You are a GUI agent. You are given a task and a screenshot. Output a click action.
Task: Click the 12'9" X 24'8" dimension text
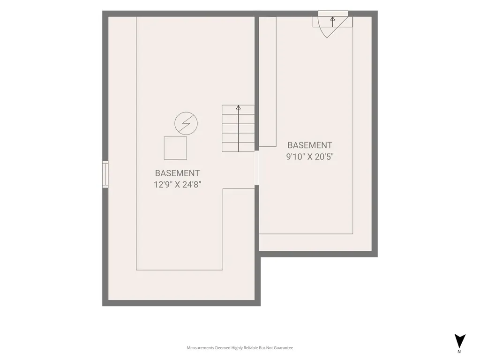pos(177,185)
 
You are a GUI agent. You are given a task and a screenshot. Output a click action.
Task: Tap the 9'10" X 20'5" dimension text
pos(310,157)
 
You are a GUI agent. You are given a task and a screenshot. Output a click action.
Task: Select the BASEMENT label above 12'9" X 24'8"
pos(177,173)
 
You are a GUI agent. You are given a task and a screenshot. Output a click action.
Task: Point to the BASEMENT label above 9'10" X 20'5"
pos(310,145)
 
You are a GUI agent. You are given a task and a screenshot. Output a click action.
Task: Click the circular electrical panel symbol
pos(186,123)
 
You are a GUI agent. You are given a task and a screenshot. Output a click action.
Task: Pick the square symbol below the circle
pos(175,148)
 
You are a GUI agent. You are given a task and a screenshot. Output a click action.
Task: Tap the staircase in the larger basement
pos(238,128)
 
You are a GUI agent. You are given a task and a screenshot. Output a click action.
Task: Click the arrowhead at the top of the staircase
pos(238,107)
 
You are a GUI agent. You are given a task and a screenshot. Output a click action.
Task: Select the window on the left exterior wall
pos(105,174)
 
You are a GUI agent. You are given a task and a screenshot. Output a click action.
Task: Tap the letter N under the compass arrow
pos(459,352)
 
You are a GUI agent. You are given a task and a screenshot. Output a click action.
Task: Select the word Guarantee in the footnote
pos(284,348)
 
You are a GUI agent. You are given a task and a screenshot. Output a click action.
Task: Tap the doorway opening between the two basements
pos(256,168)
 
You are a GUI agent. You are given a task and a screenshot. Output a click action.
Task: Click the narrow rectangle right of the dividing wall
pos(268,82)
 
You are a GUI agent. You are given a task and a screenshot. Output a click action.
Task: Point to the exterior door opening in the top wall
pos(333,14)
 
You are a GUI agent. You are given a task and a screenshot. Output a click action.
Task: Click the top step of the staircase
pos(238,110)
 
